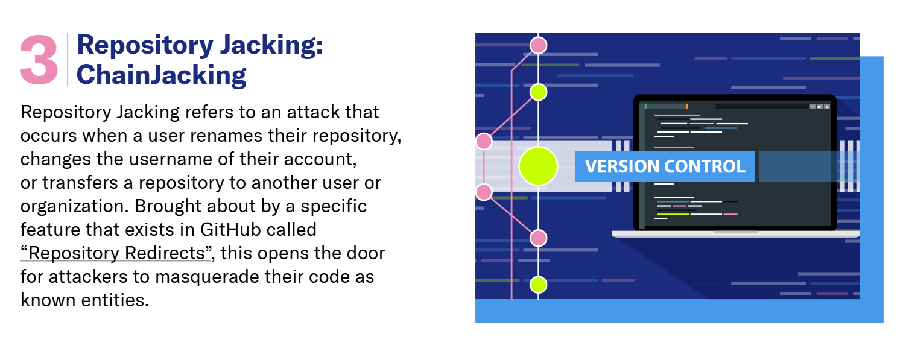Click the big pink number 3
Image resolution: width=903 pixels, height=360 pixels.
[39, 60]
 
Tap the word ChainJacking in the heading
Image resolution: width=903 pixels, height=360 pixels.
[161, 75]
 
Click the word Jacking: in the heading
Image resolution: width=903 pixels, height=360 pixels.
[271, 46]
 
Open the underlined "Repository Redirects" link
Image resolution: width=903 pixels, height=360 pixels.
[116, 253]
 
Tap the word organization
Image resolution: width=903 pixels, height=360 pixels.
[75, 207]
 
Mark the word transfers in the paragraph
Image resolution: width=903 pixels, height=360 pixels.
[80, 183]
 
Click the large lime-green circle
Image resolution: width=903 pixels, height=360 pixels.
[538, 166]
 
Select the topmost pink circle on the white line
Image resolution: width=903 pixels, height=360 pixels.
[538, 45]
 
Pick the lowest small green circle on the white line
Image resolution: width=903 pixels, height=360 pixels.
[538, 285]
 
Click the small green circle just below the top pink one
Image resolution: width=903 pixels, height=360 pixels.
[538, 92]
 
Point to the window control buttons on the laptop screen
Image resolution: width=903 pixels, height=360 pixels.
[820, 107]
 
